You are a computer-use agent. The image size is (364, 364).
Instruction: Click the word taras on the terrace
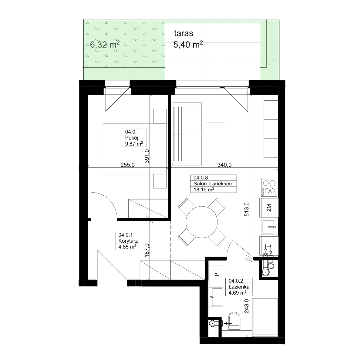pyautogui.click(x=184, y=33)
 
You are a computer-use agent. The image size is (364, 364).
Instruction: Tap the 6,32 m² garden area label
pyautogui.click(x=105, y=45)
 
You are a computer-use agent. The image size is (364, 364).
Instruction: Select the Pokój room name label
pyautogui.click(x=132, y=138)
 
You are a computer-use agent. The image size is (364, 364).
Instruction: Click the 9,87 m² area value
pyautogui.click(x=134, y=144)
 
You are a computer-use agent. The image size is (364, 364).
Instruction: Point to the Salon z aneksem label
pyautogui.click(x=213, y=184)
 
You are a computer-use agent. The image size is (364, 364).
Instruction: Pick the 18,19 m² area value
pyautogui.click(x=204, y=190)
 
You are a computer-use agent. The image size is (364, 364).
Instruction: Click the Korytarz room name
pyautogui.click(x=128, y=241)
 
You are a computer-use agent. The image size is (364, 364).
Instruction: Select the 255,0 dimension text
pyautogui.click(x=127, y=165)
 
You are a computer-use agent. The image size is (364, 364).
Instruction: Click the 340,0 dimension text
pyautogui.click(x=224, y=165)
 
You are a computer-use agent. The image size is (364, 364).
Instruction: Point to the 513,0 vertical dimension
pyautogui.click(x=247, y=209)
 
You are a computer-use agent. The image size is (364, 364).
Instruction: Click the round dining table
pyautogui.click(x=201, y=222)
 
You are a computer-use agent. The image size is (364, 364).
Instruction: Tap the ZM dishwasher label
pyautogui.click(x=269, y=208)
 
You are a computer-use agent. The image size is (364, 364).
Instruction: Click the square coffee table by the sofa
pyautogui.click(x=215, y=132)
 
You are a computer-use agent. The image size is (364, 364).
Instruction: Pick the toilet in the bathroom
pyautogui.click(x=234, y=324)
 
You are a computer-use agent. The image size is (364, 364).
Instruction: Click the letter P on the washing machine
pyautogui.click(x=217, y=275)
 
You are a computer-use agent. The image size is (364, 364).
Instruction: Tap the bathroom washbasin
pyautogui.click(x=216, y=297)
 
